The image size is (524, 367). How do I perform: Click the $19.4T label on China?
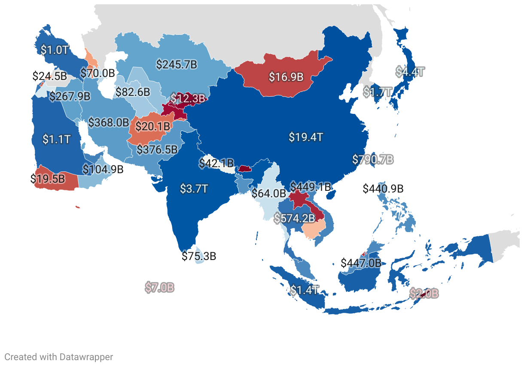click(305, 138)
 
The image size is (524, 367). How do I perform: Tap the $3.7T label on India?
click(194, 189)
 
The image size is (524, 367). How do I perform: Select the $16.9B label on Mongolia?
click(286, 77)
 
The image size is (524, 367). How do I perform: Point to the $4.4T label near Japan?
click(410, 72)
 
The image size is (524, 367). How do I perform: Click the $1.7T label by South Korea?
click(378, 92)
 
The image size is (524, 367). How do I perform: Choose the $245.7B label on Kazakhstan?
click(177, 65)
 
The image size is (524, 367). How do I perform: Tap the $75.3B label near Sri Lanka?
click(198, 257)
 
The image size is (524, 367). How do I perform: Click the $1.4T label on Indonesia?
click(304, 290)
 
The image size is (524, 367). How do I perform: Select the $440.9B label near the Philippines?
click(383, 189)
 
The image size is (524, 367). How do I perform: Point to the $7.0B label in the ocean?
click(159, 287)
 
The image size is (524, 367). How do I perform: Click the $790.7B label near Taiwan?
click(373, 159)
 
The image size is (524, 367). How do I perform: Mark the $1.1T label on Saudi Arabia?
click(56, 139)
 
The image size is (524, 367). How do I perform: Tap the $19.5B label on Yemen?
click(48, 178)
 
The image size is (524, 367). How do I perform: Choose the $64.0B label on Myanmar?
click(269, 193)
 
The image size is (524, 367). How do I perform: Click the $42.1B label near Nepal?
click(216, 163)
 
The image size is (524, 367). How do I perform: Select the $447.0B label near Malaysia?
click(361, 263)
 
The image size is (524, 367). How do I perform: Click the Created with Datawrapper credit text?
click(59, 357)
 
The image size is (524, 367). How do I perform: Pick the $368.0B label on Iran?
click(109, 122)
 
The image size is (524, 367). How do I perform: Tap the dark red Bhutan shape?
click(244, 168)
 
